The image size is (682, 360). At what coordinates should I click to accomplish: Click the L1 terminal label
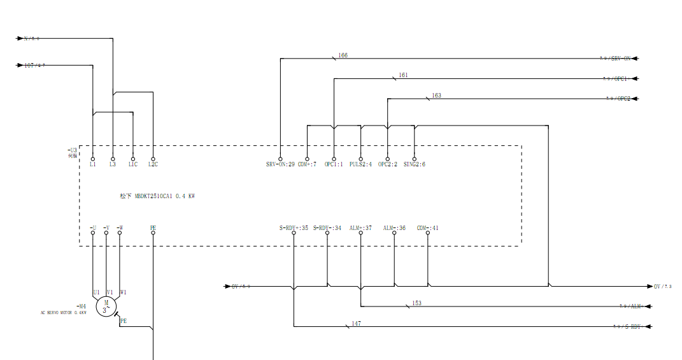pyautogui.click(x=92, y=165)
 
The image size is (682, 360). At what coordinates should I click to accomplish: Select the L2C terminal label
pyautogui.click(x=153, y=165)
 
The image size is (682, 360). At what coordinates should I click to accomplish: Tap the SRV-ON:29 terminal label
pyautogui.click(x=280, y=165)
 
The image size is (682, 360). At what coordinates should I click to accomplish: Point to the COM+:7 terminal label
pyautogui.click(x=307, y=165)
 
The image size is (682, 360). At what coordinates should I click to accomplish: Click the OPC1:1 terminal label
pyautogui.click(x=334, y=165)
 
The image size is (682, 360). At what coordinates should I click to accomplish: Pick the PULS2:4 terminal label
pyautogui.click(x=360, y=165)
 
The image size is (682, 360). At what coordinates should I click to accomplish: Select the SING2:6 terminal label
pyautogui.click(x=414, y=165)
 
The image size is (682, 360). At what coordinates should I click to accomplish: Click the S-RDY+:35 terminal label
pyautogui.click(x=294, y=227)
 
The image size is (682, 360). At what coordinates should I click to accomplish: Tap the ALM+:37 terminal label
pyautogui.click(x=360, y=227)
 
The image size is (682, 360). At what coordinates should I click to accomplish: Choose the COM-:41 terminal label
pyautogui.click(x=427, y=227)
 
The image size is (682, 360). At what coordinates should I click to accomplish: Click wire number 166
pyautogui.click(x=343, y=55)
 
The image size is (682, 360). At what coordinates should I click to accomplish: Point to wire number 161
pyautogui.click(x=403, y=75)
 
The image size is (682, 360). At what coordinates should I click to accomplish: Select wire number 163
pyautogui.click(x=436, y=96)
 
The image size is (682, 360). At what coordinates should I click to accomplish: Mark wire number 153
pyautogui.click(x=416, y=303)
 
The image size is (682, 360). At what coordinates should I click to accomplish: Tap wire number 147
pyautogui.click(x=356, y=324)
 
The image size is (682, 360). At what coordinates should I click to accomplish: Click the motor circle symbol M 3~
pyautogui.click(x=106, y=306)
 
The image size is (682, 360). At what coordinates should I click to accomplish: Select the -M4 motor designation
pyautogui.click(x=81, y=306)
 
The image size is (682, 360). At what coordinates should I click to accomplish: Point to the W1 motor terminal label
pyautogui.click(x=123, y=292)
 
